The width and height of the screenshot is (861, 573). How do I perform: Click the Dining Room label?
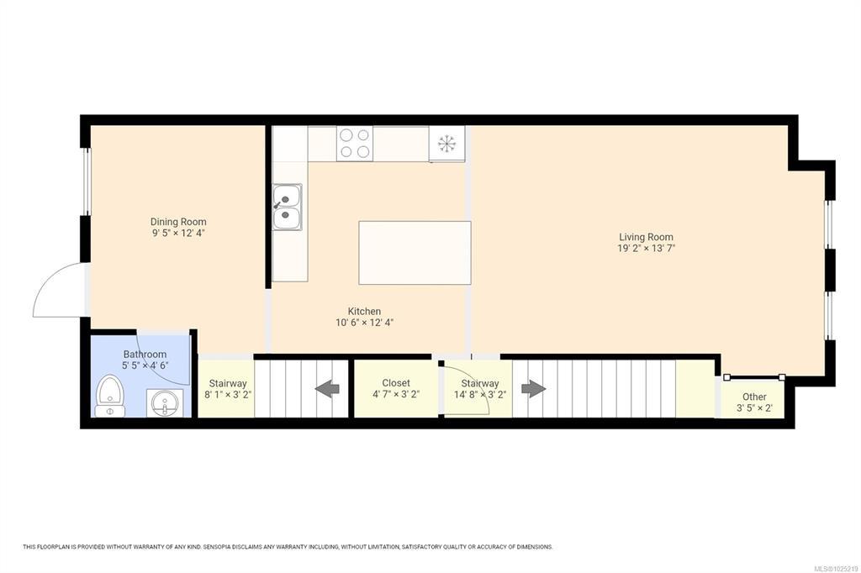coord(178,222)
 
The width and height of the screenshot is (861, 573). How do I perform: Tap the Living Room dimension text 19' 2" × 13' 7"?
coord(646,248)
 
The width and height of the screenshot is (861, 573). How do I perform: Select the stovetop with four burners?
coord(355,143)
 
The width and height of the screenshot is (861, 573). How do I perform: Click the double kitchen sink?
coord(288,207)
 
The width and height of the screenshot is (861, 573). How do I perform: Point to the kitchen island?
coord(415,252)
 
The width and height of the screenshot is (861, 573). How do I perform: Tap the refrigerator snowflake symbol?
coord(447,143)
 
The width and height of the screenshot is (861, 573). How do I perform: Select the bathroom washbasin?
coord(165,402)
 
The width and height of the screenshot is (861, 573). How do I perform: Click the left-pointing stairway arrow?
coord(327,389)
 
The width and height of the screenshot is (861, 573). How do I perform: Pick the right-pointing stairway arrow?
coord(534,389)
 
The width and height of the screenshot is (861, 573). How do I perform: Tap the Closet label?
coord(396,383)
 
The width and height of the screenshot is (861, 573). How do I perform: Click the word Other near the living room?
coord(754,397)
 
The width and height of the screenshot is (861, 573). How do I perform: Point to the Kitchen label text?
coord(364,311)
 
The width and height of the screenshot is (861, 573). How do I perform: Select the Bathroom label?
coord(145,355)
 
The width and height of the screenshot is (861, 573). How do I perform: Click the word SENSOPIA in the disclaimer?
coord(218,547)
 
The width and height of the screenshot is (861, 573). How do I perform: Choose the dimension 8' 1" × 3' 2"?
coord(228,395)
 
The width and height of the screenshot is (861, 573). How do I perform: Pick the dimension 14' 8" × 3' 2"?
coord(480,395)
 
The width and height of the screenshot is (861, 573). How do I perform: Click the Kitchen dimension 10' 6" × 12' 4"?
coord(365,323)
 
